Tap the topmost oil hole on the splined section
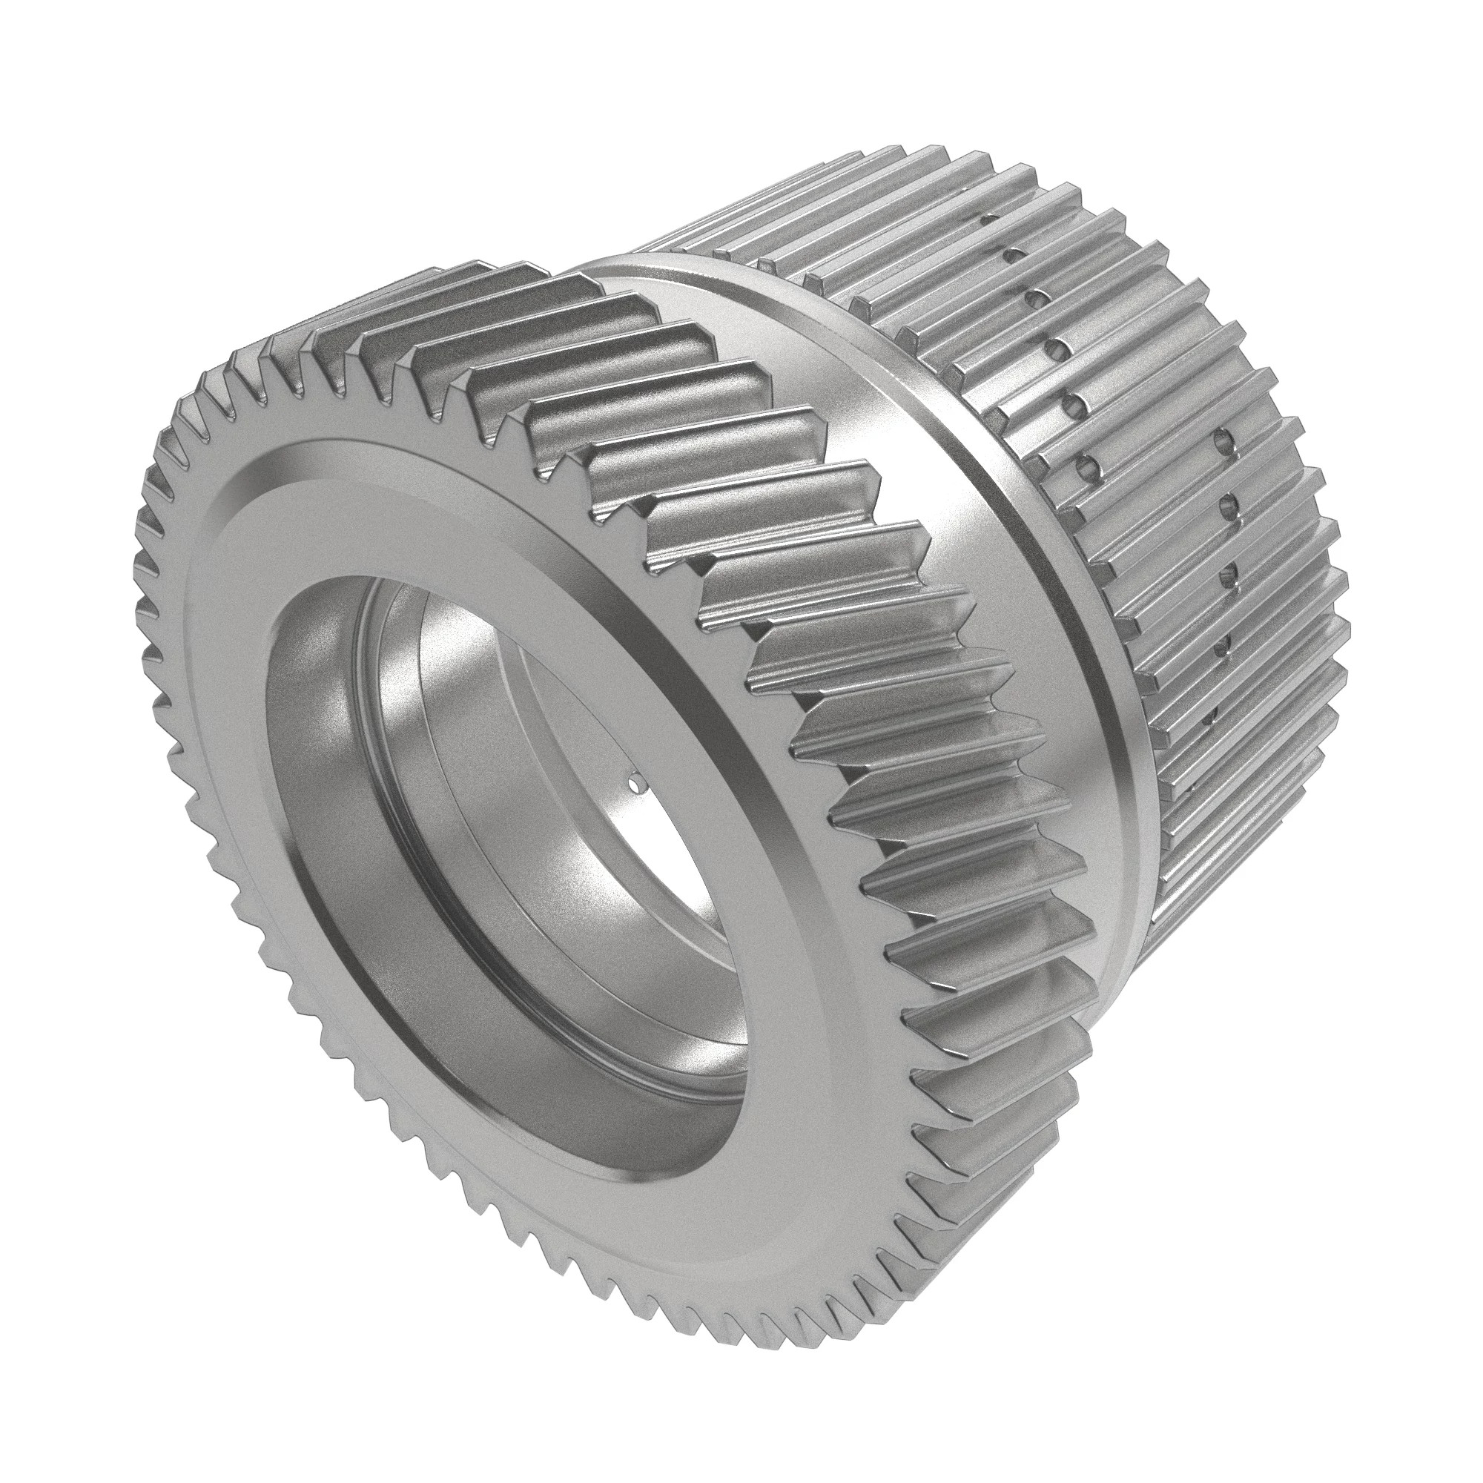[x=991, y=219]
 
